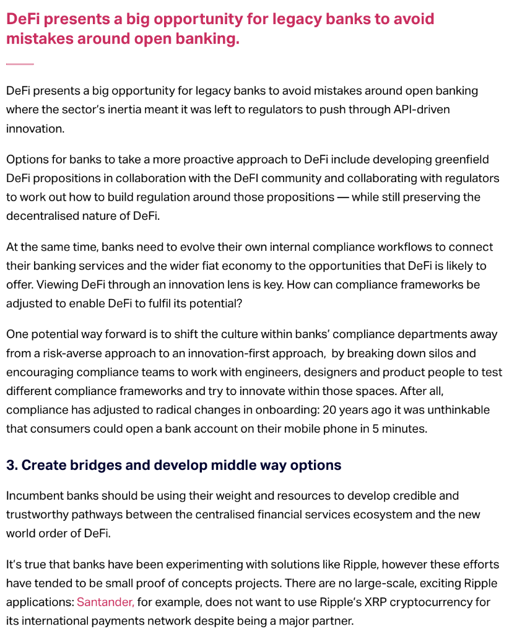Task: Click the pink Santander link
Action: click(x=105, y=602)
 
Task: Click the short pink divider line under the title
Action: click(x=20, y=64)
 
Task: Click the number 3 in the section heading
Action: click(x=11, y=465)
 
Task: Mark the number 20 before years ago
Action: click(x=329, y=410)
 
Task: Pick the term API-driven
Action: click(x=422, y=110)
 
